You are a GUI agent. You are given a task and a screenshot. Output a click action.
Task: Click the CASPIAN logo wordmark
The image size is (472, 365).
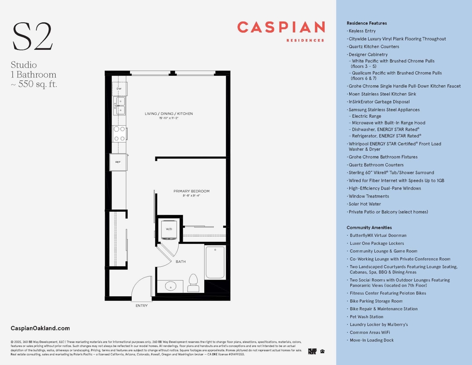[x=281, y=28]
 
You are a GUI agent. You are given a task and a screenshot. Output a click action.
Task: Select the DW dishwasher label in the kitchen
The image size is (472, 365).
[x=119, y=89]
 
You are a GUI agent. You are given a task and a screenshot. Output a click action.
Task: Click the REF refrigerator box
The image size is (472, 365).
[x=118, y=162]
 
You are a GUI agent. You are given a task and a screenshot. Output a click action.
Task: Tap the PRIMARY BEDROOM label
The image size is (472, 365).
[x=191, y=191]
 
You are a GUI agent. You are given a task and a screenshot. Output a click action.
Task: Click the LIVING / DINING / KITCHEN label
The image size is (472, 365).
[x=169, y=114]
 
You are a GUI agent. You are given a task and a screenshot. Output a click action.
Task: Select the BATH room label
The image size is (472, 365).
[x=181, y=262]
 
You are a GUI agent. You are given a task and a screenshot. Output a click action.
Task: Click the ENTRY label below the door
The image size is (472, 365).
[x=142, y=305]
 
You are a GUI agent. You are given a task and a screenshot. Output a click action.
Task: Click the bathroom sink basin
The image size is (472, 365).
[x=171, y=287]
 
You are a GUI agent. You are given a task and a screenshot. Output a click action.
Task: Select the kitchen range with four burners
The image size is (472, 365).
[x=119, y=134]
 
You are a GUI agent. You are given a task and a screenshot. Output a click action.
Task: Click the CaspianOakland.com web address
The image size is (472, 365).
[x=40, y=329]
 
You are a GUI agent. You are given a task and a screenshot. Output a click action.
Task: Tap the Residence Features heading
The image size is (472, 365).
[x=366, y=23]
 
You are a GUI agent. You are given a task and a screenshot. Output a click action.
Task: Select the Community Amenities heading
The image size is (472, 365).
[x=369, y=227]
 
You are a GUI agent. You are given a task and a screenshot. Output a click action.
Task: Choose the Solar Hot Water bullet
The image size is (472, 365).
[x=366, y=204]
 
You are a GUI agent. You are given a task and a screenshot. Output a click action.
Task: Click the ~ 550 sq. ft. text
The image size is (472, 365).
[x=34, y=84]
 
